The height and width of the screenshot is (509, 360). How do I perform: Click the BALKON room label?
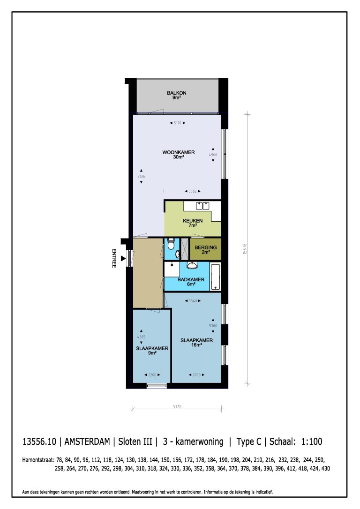click(x=176, y=95)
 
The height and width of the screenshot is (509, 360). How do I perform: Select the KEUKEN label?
click(x=193, y=223)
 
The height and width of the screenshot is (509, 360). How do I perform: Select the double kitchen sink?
click(x=202, y=205)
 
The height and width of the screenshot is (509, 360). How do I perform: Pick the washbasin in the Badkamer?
click(x=192, y=266)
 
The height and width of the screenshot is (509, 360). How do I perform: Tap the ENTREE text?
click(x=113, y=258)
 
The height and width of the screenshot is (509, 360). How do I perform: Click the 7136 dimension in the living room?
click(x=140, y=176)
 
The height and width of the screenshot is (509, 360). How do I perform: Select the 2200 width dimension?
click(x=151, y=375)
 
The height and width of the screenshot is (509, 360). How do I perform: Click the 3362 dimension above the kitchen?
click(x=193, y=191)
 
